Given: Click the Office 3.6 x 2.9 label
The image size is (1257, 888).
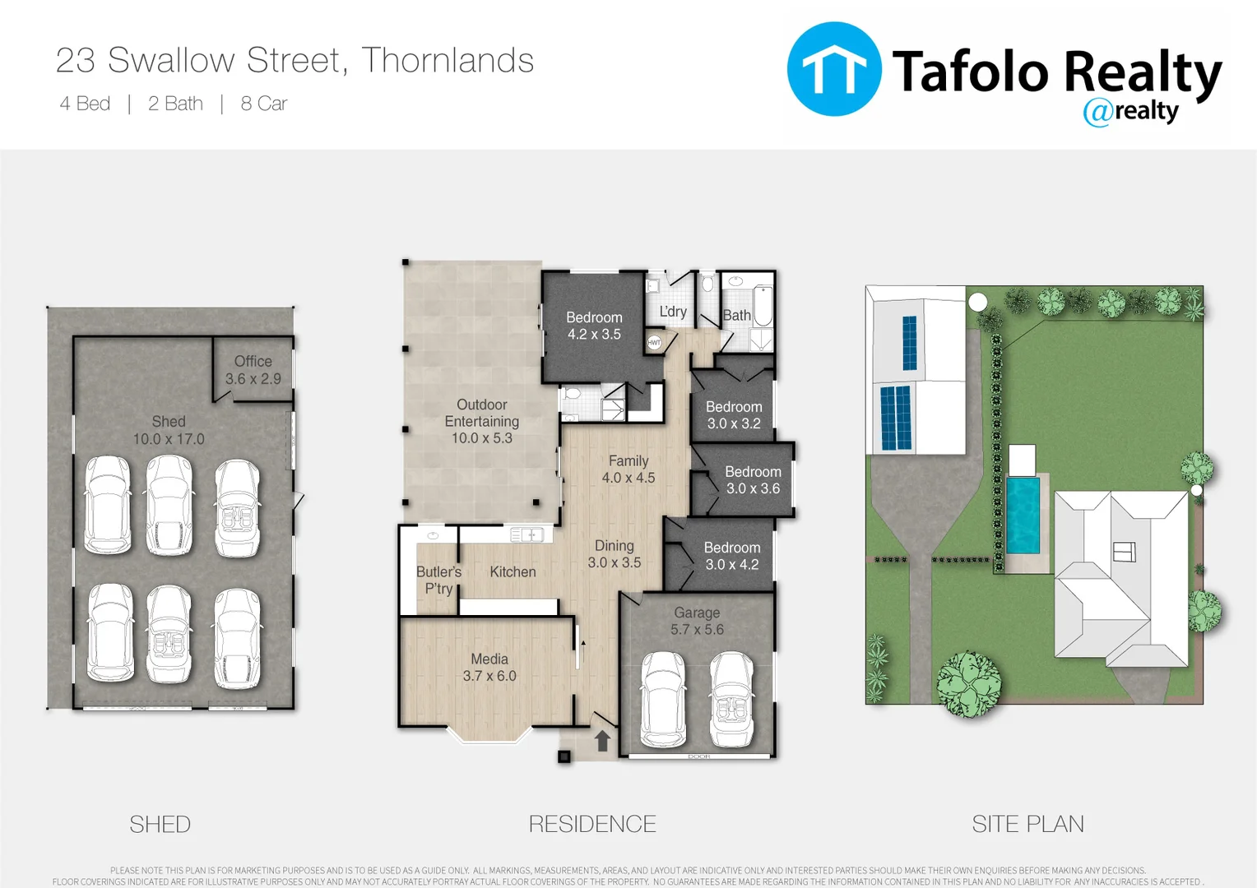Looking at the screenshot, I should click(253, 370).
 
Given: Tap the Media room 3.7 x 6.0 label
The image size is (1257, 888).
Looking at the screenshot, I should click(489, 668).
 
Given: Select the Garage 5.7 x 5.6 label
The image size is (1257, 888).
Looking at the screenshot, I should click(697, 621).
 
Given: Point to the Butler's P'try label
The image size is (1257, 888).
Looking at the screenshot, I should click(438, 580).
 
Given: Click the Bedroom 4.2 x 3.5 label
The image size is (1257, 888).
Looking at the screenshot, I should click(594, 326).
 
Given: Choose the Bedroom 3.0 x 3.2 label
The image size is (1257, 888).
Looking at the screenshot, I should click(734, 415).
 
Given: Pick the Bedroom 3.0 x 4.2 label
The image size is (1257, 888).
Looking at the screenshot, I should click(731, 556).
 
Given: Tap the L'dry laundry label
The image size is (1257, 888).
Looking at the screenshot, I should click(673, 312).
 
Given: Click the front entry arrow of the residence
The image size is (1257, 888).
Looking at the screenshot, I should click(602, 741).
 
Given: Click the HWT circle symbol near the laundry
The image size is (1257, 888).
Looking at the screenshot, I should click(654, 342).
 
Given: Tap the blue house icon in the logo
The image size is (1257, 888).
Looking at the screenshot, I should click(834, 69).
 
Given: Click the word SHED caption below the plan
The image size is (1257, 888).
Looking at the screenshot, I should click(160, 824).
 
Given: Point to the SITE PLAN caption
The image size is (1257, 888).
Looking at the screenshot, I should click(1027, 824).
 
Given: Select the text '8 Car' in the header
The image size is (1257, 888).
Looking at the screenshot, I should click(263, 104).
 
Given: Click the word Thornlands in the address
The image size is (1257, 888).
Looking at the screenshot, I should click(448, 60).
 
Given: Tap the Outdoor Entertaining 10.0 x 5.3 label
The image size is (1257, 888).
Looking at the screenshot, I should click(482, 421).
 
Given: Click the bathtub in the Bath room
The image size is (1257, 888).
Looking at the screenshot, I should click(762, 306).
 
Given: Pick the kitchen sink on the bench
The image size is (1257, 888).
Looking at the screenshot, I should click(526, 535).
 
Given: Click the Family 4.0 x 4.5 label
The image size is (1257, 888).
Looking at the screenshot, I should click(628, 469).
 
